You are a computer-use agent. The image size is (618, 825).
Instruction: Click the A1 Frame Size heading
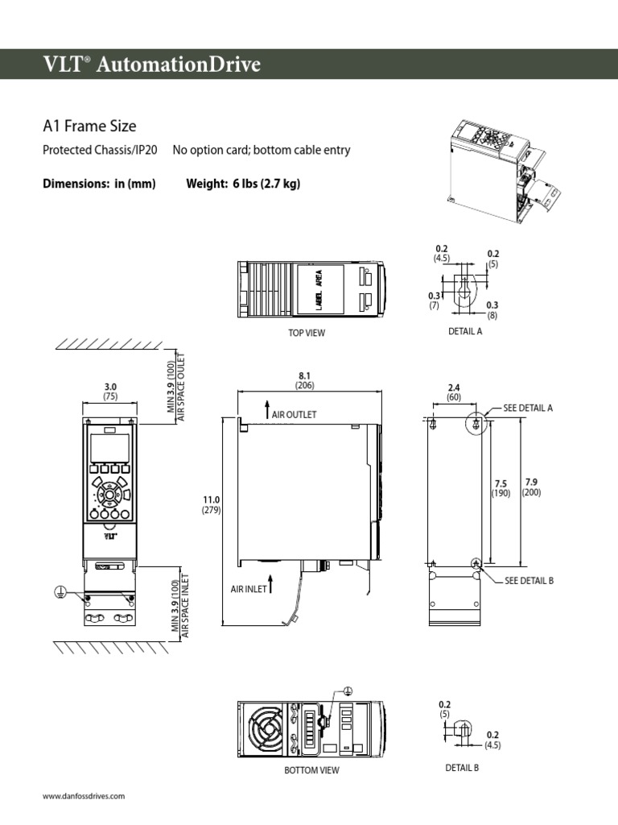89,126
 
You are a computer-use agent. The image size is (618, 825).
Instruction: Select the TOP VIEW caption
306,333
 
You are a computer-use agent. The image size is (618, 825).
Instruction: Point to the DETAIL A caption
465,330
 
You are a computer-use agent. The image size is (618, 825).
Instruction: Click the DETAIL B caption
462,768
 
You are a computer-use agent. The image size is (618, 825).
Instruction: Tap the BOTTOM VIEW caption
311,770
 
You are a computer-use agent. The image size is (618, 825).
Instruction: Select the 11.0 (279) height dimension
211,504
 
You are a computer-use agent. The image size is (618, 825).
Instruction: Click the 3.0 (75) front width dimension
110,392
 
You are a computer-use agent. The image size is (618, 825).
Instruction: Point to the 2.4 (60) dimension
454,392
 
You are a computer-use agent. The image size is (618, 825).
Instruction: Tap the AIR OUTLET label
294,414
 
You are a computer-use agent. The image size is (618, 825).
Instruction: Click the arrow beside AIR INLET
272,583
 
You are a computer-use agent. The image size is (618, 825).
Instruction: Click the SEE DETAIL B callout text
529,581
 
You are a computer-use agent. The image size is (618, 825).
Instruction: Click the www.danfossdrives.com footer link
84,796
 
